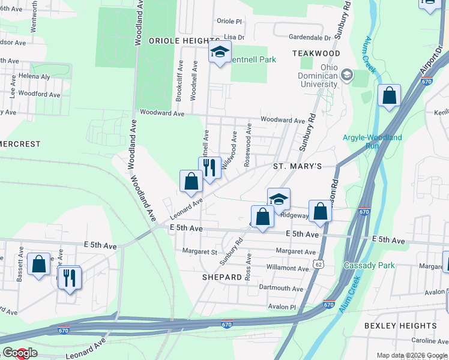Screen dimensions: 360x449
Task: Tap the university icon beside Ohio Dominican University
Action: click(346, 76)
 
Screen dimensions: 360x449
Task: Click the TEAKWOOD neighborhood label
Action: click(316, 53)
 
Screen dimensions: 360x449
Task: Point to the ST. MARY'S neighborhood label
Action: click(298, 166)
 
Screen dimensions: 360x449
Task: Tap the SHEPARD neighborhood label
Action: click(221, 277)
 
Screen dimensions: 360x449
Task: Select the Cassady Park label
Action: click(365, 265)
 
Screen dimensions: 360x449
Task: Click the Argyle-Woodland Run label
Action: click(372, 142)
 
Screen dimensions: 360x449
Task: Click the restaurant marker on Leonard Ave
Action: click(209, 167)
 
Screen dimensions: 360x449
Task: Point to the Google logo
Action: click(20, 353)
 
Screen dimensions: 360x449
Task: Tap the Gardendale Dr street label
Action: click(311, 37)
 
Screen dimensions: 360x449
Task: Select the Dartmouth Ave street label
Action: click(281, 288)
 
